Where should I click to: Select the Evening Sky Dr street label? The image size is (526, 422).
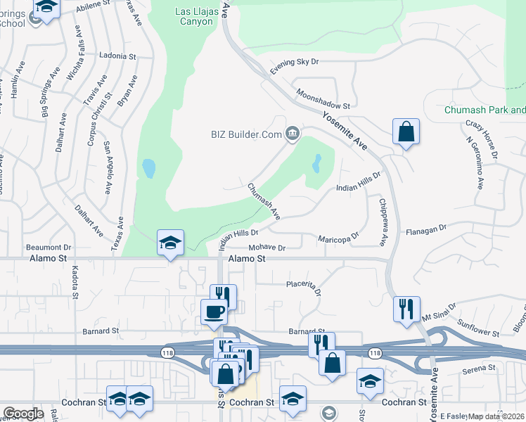295,62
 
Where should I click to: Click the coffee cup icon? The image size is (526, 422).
213,312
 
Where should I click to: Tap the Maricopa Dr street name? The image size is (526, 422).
339,237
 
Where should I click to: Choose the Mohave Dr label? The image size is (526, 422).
267,248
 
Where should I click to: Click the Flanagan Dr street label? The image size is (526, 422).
426,229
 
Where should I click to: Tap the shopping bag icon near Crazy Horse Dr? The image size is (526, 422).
406,131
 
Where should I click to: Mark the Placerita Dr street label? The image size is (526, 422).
304,286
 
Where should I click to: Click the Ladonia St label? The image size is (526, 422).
117,56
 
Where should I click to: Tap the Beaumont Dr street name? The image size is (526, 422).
49,248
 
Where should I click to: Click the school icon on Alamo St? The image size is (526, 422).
170,243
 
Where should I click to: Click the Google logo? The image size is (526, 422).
23,414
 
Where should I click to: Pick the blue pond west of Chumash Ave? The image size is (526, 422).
148,168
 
